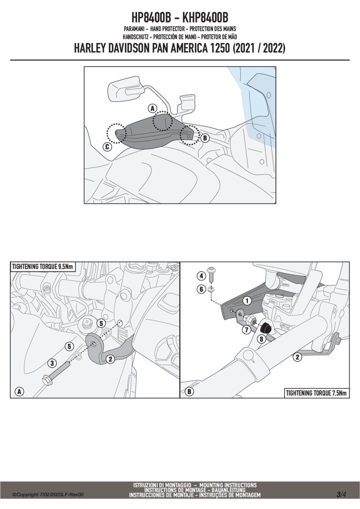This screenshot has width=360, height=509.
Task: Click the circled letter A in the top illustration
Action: click(153, 108)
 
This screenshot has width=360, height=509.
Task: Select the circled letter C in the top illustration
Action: click(108, 147)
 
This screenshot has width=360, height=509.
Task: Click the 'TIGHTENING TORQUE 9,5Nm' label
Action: click(43, 266)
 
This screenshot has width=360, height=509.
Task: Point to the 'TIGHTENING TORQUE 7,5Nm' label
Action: click(316, 393)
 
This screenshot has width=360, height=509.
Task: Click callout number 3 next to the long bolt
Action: click(52, 363)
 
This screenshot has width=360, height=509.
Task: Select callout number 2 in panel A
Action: click(110, 359)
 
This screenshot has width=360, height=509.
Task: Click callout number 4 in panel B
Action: click(201, 276)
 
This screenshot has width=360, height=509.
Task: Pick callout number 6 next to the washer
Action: click(201, 289)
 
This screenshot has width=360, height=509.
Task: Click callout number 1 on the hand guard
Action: click(247, 301)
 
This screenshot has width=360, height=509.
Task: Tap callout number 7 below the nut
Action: click(246, 330)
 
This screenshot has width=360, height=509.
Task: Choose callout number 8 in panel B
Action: click(261, 339)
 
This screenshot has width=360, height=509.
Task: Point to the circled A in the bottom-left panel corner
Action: click(19, 391)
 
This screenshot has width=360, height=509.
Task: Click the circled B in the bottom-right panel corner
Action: click(189, 391)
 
